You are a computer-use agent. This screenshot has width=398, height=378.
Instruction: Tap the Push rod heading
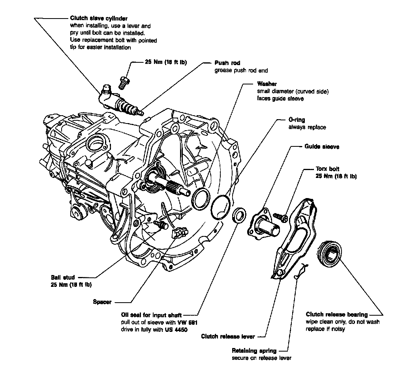click(x=227, y=63)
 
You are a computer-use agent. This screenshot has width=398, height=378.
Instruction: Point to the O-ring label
click(x=297, y=120)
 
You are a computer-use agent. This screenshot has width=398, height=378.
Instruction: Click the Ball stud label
click(x=63, y=277)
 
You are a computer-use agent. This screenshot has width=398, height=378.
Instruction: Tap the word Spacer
click(x=102, y=302)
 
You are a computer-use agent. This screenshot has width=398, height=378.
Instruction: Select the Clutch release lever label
click(x=228, y=337)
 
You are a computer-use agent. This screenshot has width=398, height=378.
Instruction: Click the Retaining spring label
click(x=254, y=350)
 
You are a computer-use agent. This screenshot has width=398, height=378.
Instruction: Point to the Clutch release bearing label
click(x=337, y=314)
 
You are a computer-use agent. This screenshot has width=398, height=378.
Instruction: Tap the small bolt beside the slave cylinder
click(x=124, y=81)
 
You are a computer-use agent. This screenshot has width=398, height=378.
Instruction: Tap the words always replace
click(x=307, y=127)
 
